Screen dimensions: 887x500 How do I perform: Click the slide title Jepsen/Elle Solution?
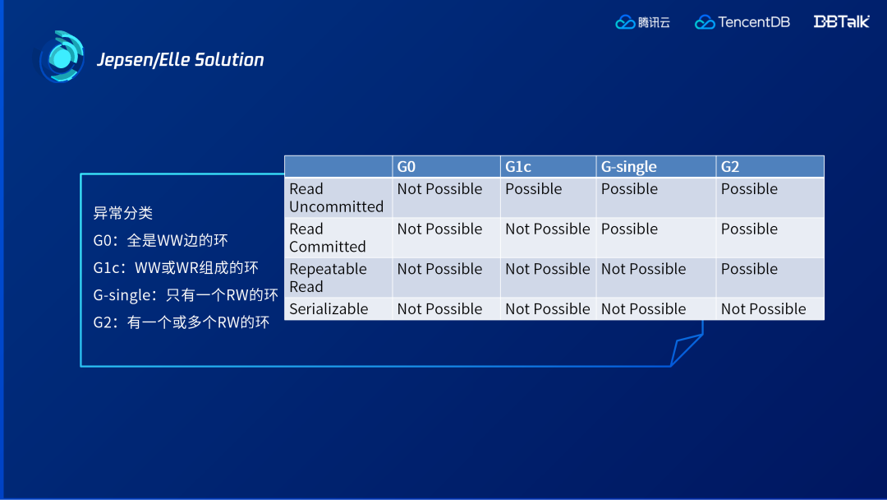181,59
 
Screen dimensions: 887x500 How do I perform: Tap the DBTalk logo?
841,21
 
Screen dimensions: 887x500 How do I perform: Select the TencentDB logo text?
753,22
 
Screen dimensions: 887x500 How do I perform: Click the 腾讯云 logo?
642,22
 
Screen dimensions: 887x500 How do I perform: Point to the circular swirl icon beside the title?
62,57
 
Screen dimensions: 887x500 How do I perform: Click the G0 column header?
407,166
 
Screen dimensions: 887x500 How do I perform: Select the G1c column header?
518,166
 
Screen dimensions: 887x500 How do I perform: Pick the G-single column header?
628,166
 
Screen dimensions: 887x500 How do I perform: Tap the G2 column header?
730,166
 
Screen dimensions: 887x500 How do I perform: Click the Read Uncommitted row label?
336,197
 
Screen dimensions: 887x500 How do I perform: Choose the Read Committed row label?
328,238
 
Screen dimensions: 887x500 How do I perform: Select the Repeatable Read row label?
328,277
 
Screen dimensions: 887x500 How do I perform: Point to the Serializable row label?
329,308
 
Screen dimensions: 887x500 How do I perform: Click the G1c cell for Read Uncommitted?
534,188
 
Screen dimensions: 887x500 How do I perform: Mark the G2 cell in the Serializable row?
763,308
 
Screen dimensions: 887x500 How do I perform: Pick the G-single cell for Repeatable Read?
643,268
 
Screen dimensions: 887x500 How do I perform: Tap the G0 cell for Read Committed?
439,229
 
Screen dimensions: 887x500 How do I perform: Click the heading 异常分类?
122,213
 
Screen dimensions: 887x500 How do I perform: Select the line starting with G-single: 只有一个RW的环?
186,295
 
